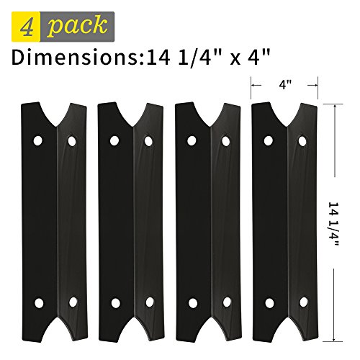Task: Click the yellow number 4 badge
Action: (26, 27)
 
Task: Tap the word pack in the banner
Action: (77, 26)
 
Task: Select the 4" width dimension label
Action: (285, 85)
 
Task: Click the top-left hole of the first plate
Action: (38, 140)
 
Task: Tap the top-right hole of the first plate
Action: (72, 141)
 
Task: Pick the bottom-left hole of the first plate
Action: (39, 303)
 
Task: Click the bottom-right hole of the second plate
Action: (150, 302)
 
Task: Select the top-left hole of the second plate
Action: (114, 140)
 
